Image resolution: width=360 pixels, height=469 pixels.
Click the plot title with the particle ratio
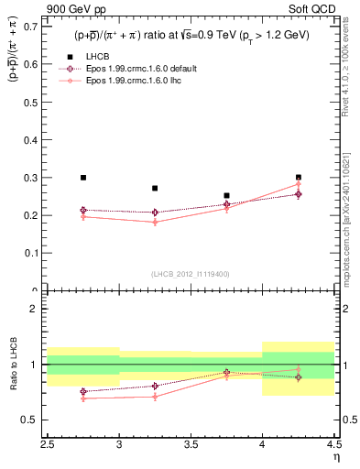click(191, 35)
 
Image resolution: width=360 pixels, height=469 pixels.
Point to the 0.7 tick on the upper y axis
click(33, 27)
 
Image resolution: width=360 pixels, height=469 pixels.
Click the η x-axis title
click(336, 458)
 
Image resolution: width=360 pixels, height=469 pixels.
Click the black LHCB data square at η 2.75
click(83, 178)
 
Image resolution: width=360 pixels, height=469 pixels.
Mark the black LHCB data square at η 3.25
click(155, 188)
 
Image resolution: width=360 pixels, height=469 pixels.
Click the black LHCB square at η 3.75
click(226, 195)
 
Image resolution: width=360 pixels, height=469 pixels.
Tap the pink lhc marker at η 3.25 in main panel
click(155, 222)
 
